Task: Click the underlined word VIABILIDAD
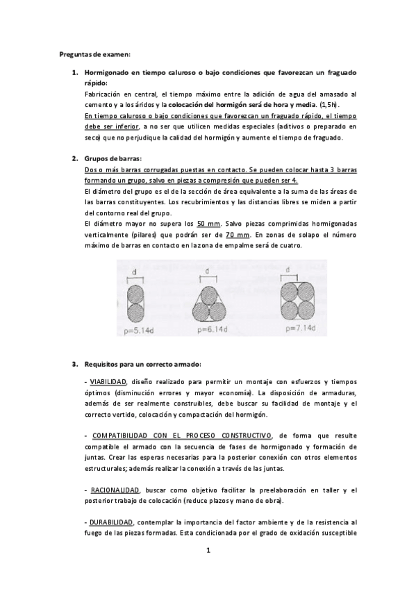(108, 382)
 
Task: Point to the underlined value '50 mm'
(206, 224)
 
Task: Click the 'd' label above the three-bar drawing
(208, 271)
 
